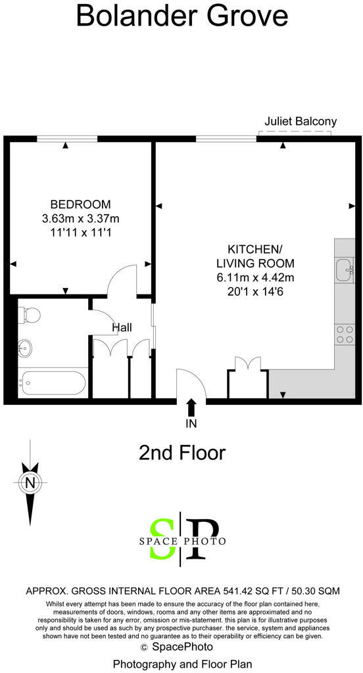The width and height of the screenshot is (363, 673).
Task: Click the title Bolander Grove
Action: tap(181, 16)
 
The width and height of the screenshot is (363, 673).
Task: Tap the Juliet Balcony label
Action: tap(300, 121)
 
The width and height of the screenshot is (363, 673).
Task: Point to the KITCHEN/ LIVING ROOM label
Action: tap(255, 256)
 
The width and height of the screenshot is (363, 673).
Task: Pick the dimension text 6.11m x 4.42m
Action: tap(255, 277)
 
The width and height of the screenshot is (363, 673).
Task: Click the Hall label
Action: tap(122, 327)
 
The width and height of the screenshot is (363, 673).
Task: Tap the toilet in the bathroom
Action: tap(30, 316)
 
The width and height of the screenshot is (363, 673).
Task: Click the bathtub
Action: tap(53, 381)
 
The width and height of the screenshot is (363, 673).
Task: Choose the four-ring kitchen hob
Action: tap(345, 335)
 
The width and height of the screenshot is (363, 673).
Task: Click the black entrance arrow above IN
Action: tap(191, 407)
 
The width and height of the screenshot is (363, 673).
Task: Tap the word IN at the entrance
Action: tap(191, 424)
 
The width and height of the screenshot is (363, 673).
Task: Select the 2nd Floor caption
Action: tap(181, 453)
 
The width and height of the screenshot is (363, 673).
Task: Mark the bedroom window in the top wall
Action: tap(66, 138)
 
